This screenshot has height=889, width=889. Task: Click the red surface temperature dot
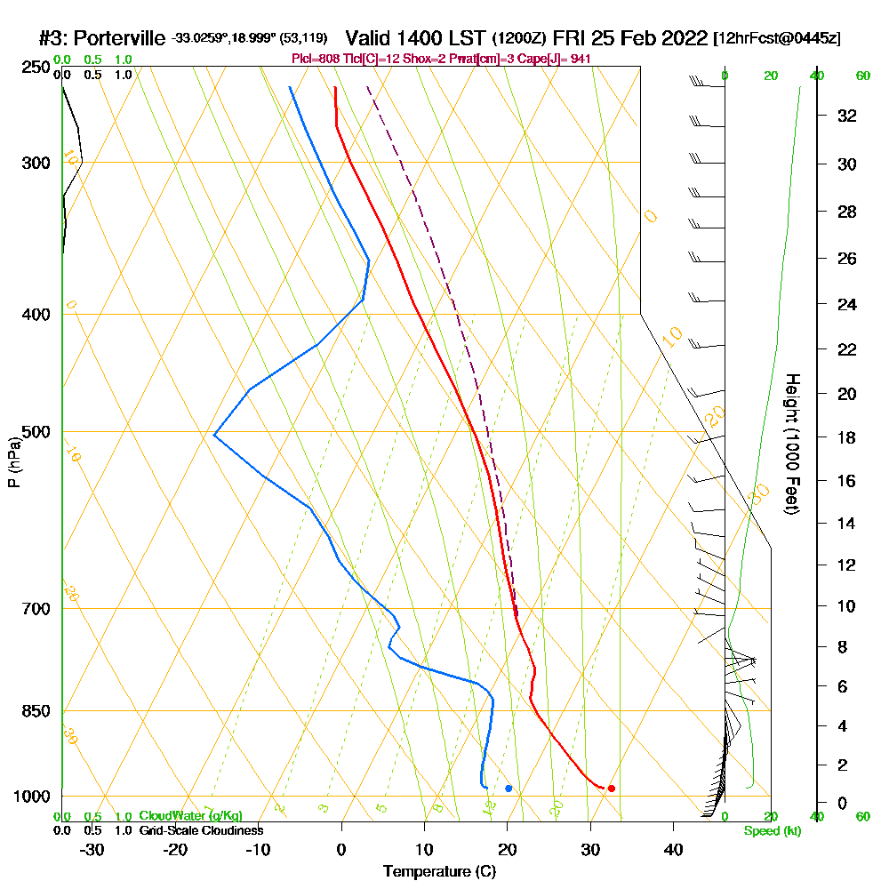pyautogui.click(x=611, y=789)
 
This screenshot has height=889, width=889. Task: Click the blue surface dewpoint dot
pyautogui.click(x=509, y=789)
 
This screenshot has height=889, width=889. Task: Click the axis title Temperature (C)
pyautogui.click(x=439, y=872)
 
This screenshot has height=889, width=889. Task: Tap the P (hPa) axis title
pyautogui.click(x=13, y=462)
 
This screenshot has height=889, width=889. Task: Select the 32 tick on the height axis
pyautogui.click(x=847, y=116)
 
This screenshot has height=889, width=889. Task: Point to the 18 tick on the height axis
pyautogui.click(x=847, y=437)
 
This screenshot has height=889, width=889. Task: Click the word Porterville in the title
pyautogui.click(x=120, y=38)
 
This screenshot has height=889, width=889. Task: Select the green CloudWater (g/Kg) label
pyautogui.click(x=190, y=815)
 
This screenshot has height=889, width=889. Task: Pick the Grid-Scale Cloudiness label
pyautogui.click(x=200, y=830)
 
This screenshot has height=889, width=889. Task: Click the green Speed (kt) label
pyautogui.click(x=773, y=832)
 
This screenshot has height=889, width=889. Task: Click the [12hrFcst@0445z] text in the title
pyautogui.click(x=777, y=39)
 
